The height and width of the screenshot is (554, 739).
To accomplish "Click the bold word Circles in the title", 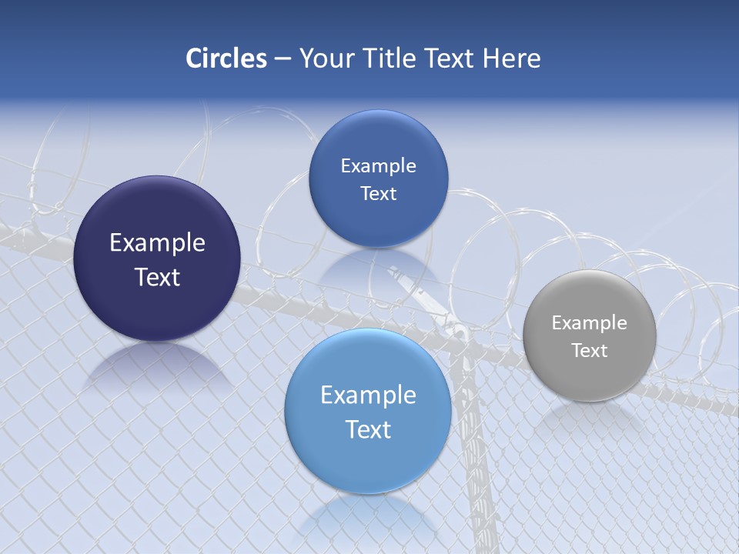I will [226, 58].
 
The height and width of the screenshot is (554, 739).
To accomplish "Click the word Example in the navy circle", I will [157, 243].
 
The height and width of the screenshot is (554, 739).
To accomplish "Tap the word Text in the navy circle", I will [157, 277].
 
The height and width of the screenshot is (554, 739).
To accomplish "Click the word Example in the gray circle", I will [590, 323].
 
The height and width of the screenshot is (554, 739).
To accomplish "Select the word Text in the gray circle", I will [590, 351].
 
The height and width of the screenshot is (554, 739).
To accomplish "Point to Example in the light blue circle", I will [368, 395].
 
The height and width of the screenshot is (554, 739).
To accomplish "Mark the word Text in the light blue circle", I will [368, 429].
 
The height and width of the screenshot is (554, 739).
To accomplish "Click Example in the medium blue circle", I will [378, 166].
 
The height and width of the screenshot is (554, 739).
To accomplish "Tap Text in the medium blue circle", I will [378, 194].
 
